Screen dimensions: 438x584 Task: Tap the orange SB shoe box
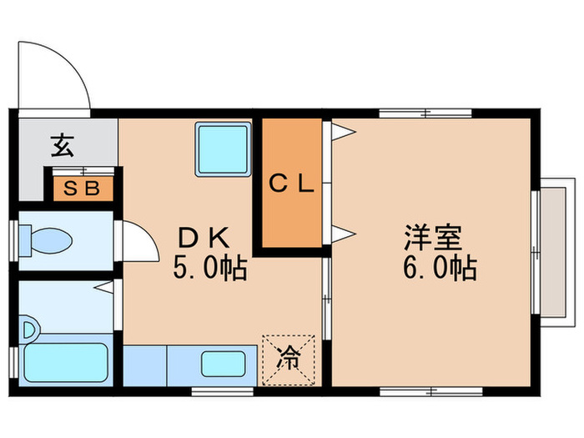click(82, 188)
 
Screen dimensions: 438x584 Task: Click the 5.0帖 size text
click(209, 269)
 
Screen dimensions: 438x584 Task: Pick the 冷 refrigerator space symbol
click(288, 361)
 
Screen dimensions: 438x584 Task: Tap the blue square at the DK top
click(223, 149)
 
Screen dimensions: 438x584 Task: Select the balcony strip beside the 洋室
click(552, 249)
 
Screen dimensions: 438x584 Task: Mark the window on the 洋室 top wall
click(425, 113)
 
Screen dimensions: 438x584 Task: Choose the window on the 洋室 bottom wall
click(425, 390)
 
